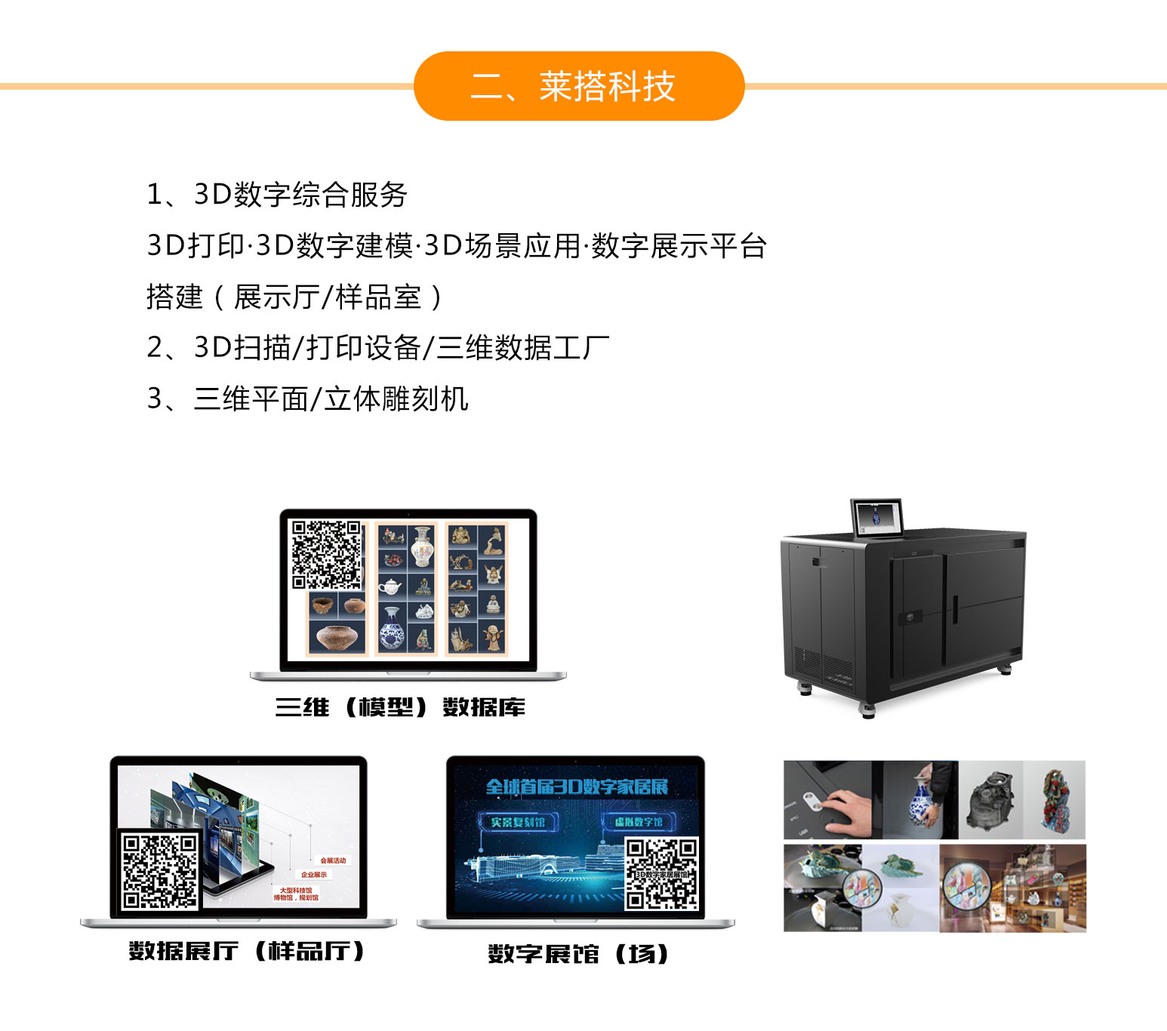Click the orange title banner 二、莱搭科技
coord(579,86)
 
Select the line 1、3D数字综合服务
coord(277,195)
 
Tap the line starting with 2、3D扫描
coord(377,348)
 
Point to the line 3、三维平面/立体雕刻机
coord(307,399)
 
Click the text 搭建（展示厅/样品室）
coord(295,297)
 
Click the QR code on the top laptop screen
coord(327,554)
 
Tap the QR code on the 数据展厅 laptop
coord(159,870)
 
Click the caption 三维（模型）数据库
coord(400,708)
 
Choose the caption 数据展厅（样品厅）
coord(247,951)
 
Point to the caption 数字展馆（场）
coord(578,954)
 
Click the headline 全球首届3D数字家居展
coord(577,787)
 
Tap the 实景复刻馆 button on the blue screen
coord(518,822)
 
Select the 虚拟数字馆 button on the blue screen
coord(639,822)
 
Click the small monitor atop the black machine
coord(876,518)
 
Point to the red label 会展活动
coord(333,860)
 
